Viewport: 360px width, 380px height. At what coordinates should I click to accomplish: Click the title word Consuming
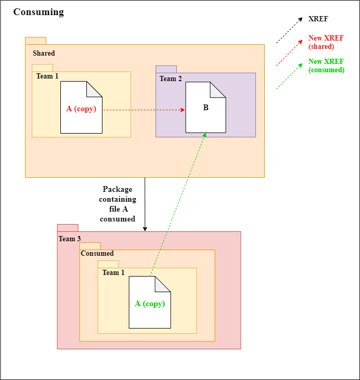coord(38,12)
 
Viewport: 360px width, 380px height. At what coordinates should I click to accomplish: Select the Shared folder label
coord(44,54)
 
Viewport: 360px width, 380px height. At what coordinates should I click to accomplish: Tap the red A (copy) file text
coord(81,109)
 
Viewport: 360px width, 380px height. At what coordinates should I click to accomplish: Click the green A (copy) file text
coord(150,304)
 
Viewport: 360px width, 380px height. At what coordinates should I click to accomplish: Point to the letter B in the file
coord(205,108)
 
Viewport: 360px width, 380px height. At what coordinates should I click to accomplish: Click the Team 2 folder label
coord(171,79)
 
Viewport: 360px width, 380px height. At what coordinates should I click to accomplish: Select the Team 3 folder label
coord(69,239)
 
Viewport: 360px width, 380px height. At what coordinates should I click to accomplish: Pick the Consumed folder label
coord(97,254)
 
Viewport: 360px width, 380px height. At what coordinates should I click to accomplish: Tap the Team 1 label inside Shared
coord(47,76)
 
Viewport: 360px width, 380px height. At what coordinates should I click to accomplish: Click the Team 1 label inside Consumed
coord(113,273)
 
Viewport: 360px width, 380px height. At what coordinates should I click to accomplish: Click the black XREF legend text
coord(318,19)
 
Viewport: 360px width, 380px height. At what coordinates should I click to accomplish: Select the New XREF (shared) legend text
coord(322,43)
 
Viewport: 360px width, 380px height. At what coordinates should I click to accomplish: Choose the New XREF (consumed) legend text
coord(326,66)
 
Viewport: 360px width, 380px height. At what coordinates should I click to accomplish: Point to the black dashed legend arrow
coord(289,29)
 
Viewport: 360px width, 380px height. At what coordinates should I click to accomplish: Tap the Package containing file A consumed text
coord(118,204)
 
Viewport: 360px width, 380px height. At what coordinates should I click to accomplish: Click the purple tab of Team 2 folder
coord(166,69)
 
